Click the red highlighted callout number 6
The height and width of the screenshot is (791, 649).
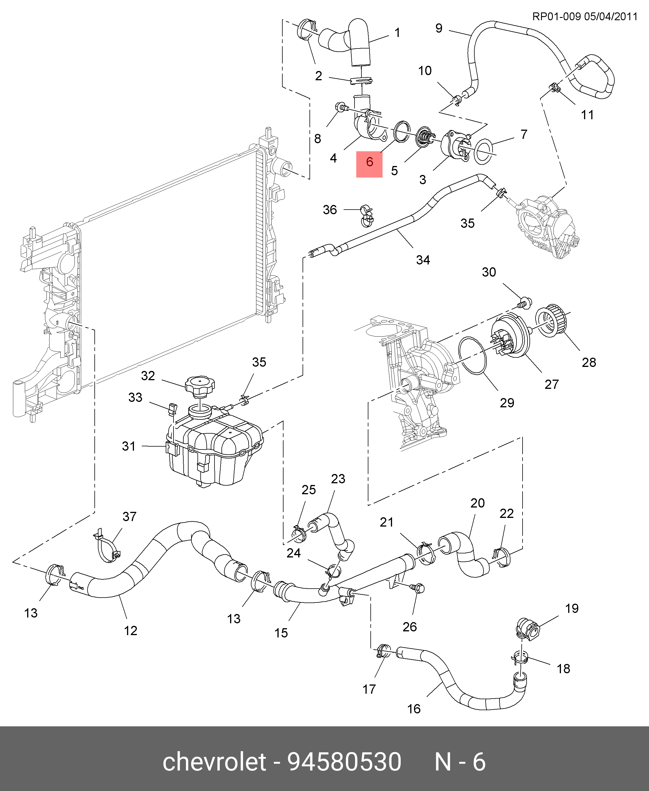tap(369, 162)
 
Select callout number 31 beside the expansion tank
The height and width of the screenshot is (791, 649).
tap(128, 446)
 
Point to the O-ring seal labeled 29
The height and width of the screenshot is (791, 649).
tap(473, 355)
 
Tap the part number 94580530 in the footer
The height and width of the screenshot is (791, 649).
tap(344, 762)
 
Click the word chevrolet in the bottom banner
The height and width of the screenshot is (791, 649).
tap(214, 762)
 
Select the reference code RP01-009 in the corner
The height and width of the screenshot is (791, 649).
tap(556, 16)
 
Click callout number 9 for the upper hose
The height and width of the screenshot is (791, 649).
tap(439, 28)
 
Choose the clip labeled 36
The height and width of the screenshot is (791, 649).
tap(366, 216)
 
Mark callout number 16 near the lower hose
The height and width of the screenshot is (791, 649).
tap(414, 709)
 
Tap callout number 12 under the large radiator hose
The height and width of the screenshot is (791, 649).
tap(130, 630)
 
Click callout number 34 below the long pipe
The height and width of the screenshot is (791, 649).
tap(423, 260)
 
